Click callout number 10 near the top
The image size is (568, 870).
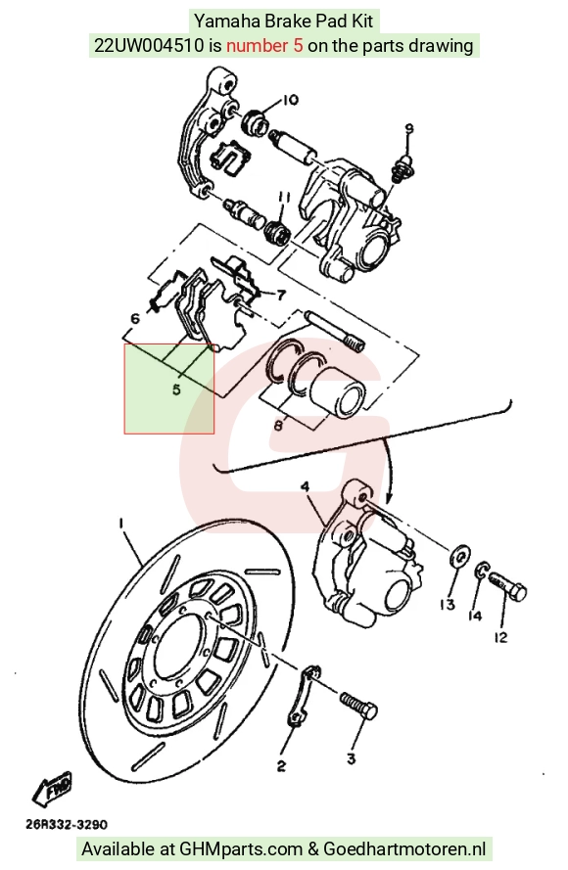pyautogui.click(x=291, y=100)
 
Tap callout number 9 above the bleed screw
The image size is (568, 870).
pyautogui.click(x=408, y=129)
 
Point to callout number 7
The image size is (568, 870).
pyautogui.click(x=281, y=295)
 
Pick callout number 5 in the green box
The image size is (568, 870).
pyautogui.click(x=176, y=389)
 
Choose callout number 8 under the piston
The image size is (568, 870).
pyautogui.click(x=278, y=426)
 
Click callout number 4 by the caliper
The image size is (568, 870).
pyautogui.click(x=305, y=486)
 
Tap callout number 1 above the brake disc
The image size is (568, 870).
pyautogui.click(x=120, y=523)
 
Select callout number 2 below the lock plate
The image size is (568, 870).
pyautogui.click(x=281, y=766)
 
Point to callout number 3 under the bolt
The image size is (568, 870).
pyautogui.click(x=351, y=757)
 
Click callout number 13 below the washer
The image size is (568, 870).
pyautogui.click(x=448, y=604)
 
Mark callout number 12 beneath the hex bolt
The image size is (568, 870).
pyautogui.click(x=500, y=637)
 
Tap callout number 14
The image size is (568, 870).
pyautogui.click(x=475, y=616)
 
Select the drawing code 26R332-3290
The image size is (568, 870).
pyautogui.click(x=67, y=825)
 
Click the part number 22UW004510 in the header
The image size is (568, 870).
pyautogui.click(x=150, y=45)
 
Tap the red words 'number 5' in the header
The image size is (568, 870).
pyautogui.click(x=264, y=45)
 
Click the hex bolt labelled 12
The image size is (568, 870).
pyautogui.click(x=507, y=586)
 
